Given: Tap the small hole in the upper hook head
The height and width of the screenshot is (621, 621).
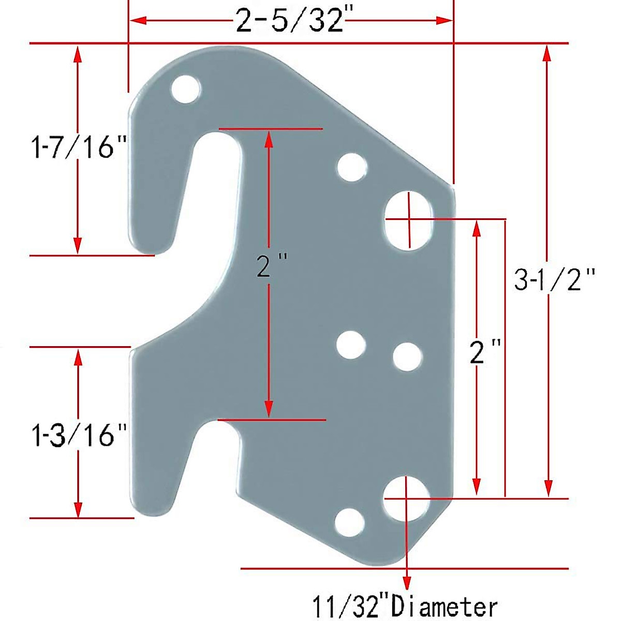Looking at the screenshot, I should click(x=186, y=90).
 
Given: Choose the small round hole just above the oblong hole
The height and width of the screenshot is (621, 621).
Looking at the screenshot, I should click(x=352, y=167).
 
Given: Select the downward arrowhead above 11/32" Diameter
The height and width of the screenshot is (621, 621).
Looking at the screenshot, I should click(x=407, y=580).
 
